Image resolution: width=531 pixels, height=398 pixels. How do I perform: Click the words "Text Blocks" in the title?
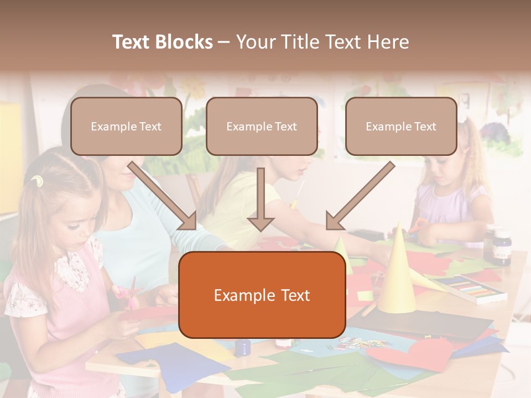pos(162,42)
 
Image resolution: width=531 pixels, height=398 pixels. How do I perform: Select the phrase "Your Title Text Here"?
pos(322,42)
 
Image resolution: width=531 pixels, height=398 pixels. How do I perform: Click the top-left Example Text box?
pos(126,127)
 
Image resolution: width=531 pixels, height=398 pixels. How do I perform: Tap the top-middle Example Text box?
pos(262,127)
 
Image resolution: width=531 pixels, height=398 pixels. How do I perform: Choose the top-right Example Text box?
pos(401,127)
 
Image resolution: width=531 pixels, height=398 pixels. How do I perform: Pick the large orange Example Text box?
pos(262,295)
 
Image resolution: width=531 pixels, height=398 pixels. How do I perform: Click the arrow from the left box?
pos(163,196)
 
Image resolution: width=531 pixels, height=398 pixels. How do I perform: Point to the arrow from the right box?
pos(360,196)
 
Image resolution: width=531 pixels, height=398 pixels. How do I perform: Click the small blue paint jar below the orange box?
pos(242,347)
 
